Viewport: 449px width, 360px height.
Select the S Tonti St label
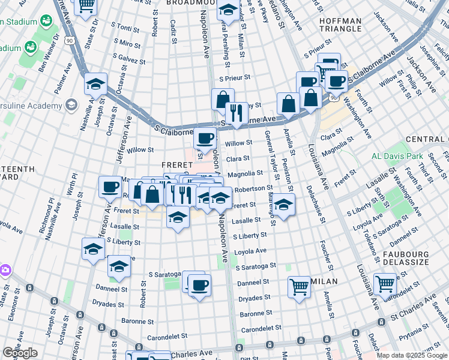[x=125, y=28]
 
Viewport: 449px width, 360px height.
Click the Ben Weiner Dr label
[x=50, y=51]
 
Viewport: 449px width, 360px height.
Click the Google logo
[x=20, y=353]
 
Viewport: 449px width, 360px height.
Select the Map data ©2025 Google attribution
[x=412, y=356]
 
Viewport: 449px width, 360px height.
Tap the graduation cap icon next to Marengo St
[x=284, y=203]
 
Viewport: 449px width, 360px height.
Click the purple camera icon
[x=5, y=270]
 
